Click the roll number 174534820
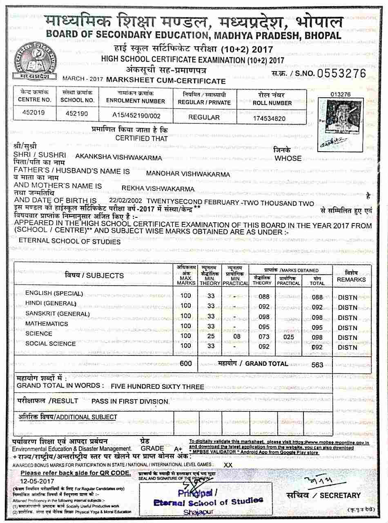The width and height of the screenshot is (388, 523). [269, 118]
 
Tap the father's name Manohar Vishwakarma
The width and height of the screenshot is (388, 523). [188, 174]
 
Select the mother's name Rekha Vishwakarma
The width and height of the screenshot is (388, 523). [158, 188]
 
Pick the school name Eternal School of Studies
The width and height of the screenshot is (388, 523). [70, 241]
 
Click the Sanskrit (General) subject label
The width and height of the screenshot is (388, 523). [58, 314]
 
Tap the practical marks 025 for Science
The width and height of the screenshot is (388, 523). [288, 337]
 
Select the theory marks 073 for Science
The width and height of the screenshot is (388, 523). [264, 337]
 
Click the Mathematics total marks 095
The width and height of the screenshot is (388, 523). [317, 327]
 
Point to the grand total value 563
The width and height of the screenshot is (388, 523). [317, 365]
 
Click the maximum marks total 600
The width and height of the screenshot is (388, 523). [185, 363]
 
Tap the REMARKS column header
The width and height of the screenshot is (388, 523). [351, 279]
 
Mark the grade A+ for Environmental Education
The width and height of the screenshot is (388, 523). [178, 449]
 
